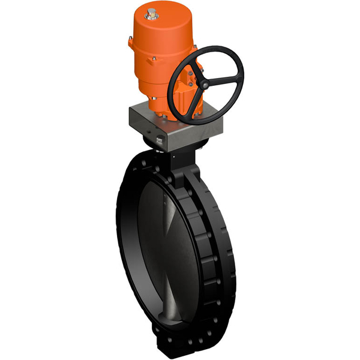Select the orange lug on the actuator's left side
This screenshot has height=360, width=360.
point(130,42)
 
